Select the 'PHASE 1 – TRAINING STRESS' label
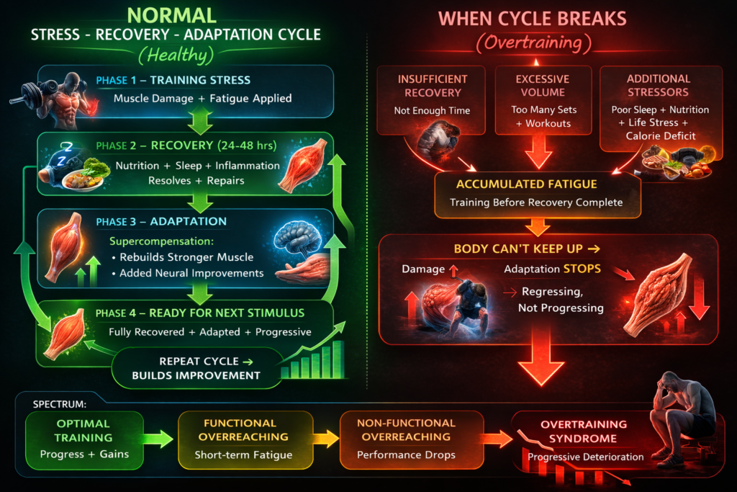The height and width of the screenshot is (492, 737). click(173, 80)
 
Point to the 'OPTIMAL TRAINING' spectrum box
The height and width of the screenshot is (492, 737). click(83, 430)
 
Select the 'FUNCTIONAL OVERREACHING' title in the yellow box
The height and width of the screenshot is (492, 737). click(245, 430)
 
